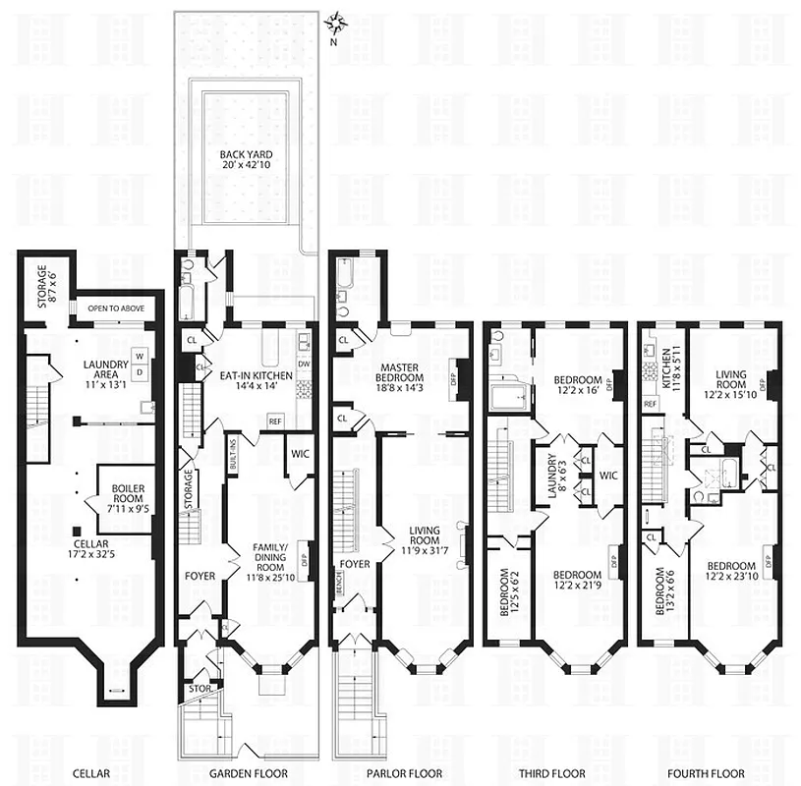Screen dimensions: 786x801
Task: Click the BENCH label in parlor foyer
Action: pos(337,587)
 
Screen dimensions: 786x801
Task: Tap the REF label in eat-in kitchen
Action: pos(276,421)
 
